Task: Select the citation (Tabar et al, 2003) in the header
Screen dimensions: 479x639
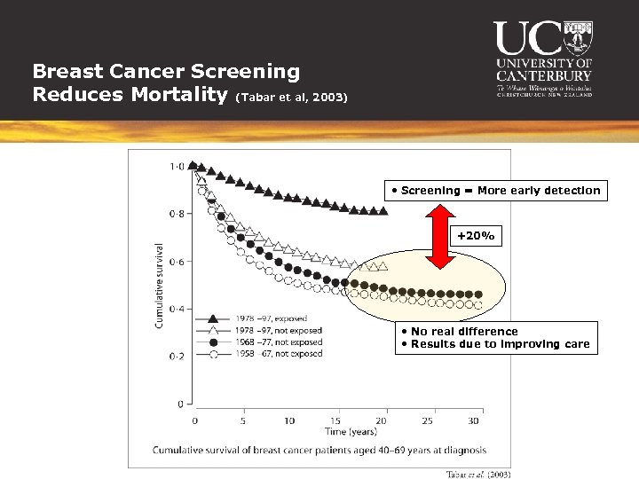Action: coord(292,97)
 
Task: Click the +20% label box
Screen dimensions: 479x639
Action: coord(477,237)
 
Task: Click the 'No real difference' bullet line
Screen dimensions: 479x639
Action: coord(464,332)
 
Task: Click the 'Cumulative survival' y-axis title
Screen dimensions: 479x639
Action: coord(160,285)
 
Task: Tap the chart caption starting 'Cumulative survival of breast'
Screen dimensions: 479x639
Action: coord(319,451)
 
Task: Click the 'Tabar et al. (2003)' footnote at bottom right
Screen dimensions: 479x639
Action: coord(477,474)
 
